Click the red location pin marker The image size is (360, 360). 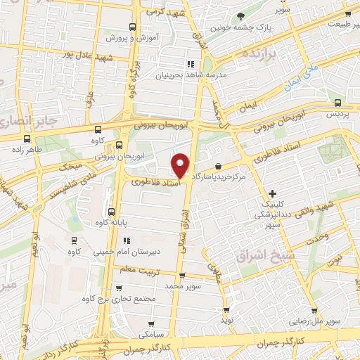[181, 165]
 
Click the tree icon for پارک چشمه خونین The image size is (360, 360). [240, 15]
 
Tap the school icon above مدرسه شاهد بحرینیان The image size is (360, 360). [191, 63]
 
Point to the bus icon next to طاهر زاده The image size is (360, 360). [26, 139]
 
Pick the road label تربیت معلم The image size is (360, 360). [141, 269]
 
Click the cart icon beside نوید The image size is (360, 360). [226, 309]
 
